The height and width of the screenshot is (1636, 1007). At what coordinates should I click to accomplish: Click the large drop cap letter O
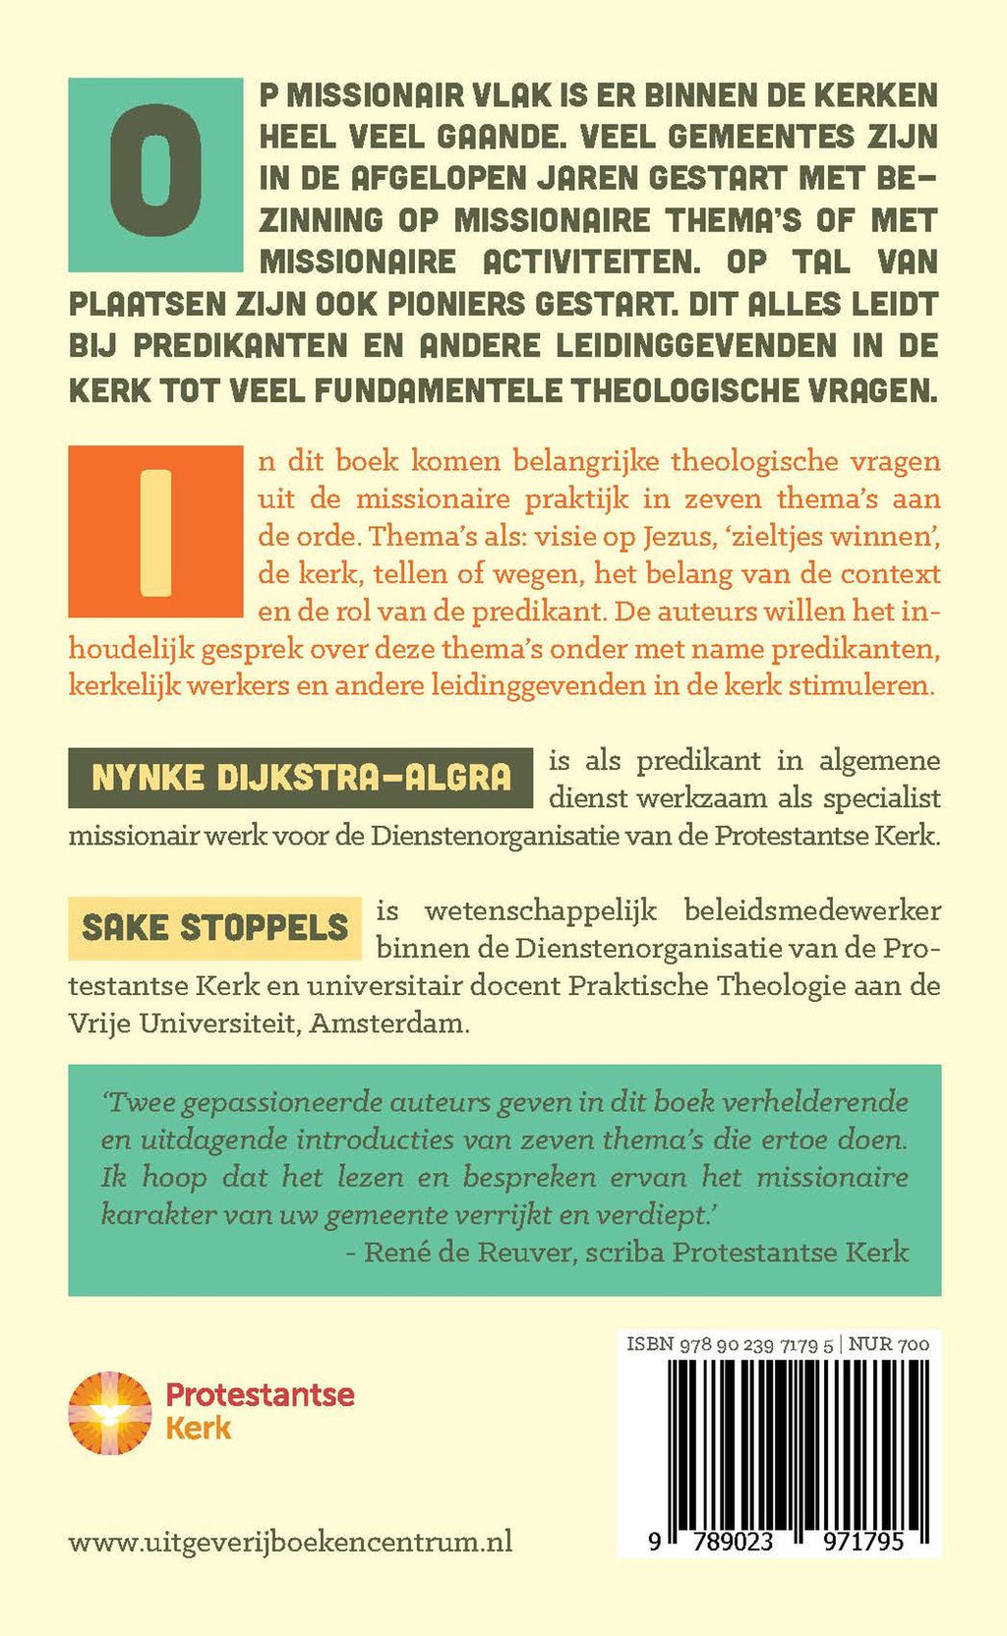[x=155, y=175]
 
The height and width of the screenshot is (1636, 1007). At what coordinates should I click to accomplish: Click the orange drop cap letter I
[x=155, y=532]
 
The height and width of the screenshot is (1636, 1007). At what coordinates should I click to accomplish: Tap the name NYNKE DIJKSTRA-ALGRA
[x=301, y=778]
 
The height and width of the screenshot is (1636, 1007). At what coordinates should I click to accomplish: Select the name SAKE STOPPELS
[x=214, y=927]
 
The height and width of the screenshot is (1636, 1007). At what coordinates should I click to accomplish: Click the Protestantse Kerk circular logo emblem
[x=110, y=1413]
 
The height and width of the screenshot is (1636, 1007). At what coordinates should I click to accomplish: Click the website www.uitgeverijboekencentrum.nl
[x=290, y=1542]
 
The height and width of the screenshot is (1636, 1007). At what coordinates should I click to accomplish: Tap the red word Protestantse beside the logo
[x=260, y=1394]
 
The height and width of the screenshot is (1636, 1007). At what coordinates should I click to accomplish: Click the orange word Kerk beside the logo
[x=199, y=1428]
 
